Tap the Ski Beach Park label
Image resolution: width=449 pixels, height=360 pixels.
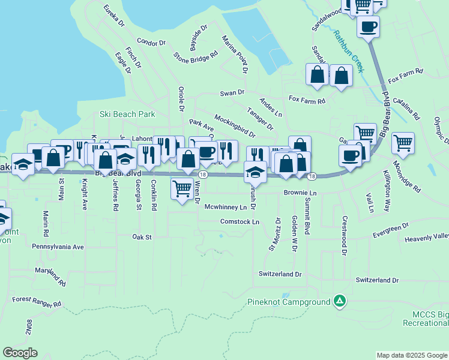(x=127, y=114)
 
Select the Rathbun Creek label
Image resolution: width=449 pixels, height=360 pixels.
(x=349, y=51)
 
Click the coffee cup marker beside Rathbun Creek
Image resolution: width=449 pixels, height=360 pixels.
(x=368, y=26)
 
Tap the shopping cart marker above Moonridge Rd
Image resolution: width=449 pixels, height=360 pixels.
(x=403, y=143)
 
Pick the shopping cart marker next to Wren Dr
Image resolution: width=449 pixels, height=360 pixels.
(x=182, y=188)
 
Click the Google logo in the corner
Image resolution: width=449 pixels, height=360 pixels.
(x=20, y=353)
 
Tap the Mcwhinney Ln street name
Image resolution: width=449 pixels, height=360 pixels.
(x=225, y=207)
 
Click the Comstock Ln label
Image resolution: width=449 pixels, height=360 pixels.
(x=240, y=221)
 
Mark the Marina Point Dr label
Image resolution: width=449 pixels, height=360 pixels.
(x=235, y=54)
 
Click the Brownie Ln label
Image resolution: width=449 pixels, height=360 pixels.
(x=300, y=193)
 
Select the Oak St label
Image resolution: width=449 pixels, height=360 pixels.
(x=142, y=237)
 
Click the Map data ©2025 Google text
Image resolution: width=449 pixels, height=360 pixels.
(x=412, y=355)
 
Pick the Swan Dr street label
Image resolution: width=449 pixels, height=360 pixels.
(x=232, y=92)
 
